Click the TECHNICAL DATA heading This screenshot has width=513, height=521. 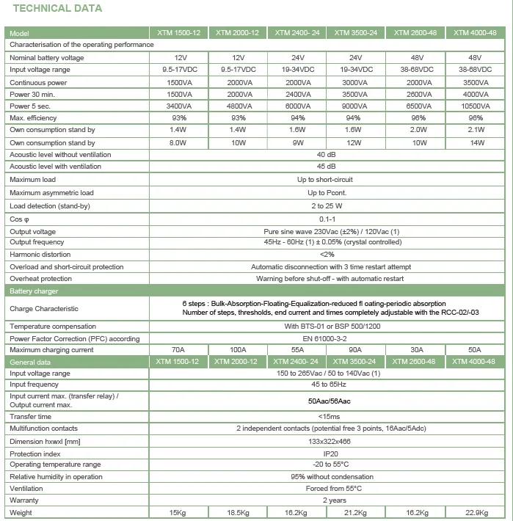tap(56, 9)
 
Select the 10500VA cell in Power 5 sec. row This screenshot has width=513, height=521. tap(475, 106)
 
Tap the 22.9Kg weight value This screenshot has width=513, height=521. tap(475, 513)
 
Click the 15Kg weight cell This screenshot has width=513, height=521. tap(178, 513)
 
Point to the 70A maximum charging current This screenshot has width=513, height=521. tap(178, 350)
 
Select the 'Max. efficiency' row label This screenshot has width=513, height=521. tap(33, 117)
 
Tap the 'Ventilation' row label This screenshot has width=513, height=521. tap(26, 489)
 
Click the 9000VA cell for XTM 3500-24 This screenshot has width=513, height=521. tap(356, 106)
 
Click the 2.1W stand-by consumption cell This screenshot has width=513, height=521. tap(475, 130)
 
